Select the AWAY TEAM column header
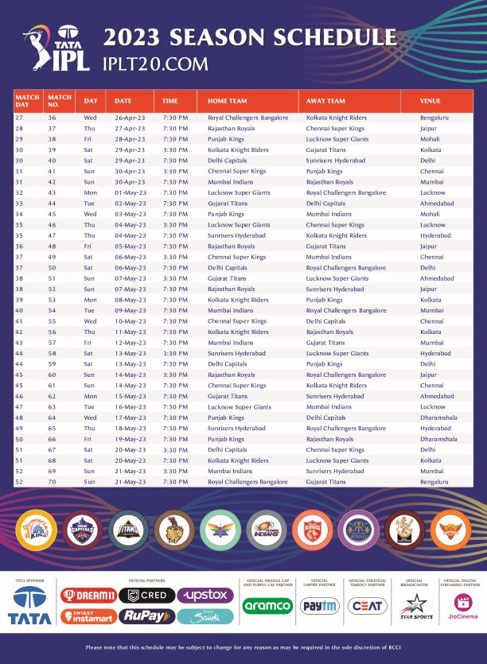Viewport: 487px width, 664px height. [325, 101]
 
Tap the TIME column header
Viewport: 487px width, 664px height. [170, 101]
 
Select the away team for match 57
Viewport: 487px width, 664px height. [326, 343]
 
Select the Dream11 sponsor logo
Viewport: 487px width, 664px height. [89, 596]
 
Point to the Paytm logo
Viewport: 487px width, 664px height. [319, 606]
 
